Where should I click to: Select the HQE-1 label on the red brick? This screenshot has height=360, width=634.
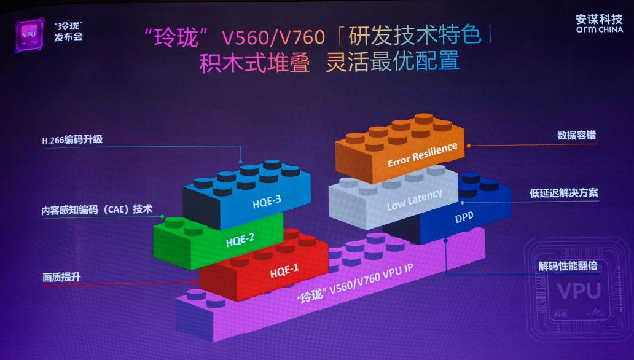284,270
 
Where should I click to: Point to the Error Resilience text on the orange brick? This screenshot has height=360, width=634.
422,154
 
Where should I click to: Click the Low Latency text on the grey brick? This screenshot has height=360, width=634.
414,200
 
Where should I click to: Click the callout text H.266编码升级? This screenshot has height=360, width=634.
72,140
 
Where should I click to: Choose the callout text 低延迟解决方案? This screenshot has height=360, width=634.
564,194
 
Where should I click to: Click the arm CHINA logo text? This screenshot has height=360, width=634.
600,29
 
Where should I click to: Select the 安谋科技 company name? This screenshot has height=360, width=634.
600,18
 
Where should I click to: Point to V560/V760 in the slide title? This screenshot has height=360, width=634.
273,38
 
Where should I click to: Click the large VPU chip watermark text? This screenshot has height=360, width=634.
577,290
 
